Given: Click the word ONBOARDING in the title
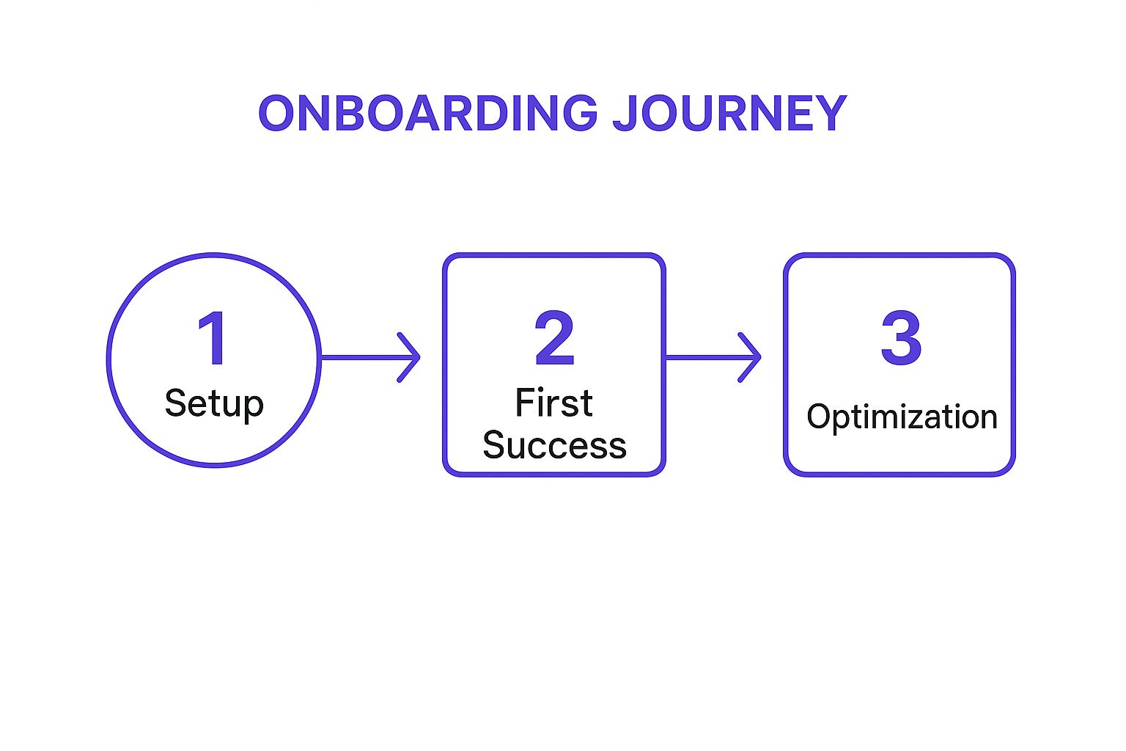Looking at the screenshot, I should pos(427,114).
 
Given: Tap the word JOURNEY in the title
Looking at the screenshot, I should pos(729,114).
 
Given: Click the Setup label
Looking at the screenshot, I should pos(214,403).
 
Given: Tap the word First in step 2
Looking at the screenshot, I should pos(553,403).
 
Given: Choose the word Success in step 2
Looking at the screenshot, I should pos(554,445).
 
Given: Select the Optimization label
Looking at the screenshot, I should pos(902,417).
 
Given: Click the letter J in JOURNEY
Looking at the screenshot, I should pos(625,114).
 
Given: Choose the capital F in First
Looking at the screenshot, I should pos(525,403).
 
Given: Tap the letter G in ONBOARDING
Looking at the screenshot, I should pos(577,114).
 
